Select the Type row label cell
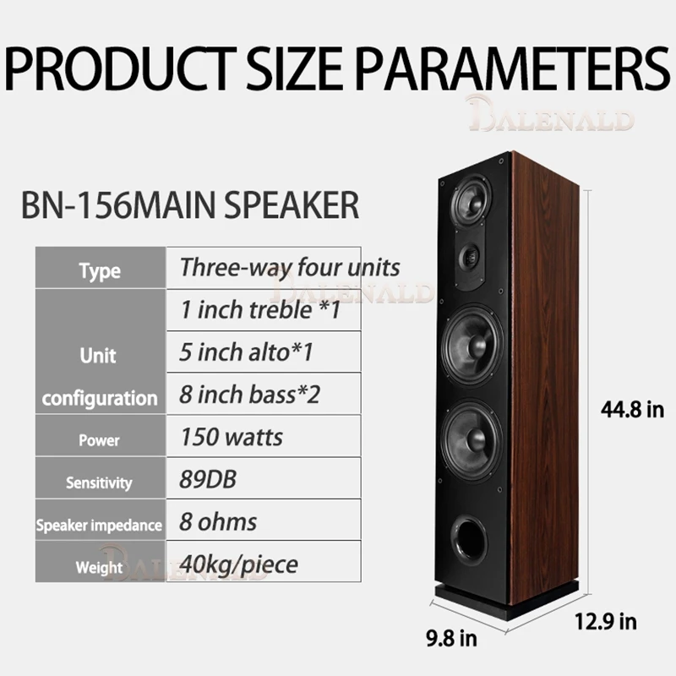point(100,270)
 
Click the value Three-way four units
point(289,267)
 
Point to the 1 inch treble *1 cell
point(260,309)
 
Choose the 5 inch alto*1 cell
point(246,352)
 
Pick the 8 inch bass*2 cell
point(252,394)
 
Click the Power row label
point(100,439)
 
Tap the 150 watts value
point(232,437)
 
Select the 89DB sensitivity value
point(208,479)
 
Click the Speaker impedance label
point(100,525)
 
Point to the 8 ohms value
point(218,521)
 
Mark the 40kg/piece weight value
point(238,562)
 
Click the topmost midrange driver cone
point(469,200)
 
